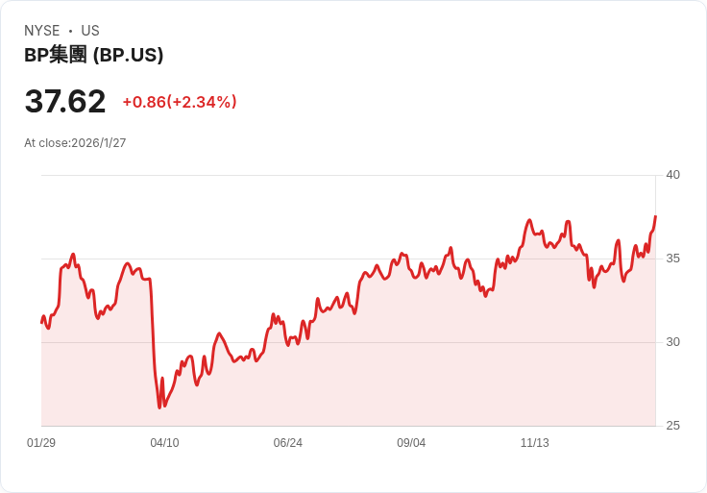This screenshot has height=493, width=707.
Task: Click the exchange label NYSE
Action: [41, 31]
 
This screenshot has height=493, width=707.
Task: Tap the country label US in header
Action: [90, 31]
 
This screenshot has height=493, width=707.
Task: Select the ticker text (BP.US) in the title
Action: [128, 56]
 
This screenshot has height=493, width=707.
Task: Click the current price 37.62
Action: [65, 101]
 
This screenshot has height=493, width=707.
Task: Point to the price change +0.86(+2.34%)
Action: [180, 102]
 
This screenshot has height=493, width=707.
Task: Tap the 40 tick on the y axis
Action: [673, 175]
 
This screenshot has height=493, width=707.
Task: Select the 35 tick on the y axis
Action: [673, 259]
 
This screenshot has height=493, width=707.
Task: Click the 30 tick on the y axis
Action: [673, 342]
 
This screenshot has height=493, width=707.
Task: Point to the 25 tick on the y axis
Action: [673, 426]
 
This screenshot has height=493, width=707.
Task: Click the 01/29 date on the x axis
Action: [41, 443]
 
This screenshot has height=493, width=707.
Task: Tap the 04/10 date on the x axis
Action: [164, 443]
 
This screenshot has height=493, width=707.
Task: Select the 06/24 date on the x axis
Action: [287, 443]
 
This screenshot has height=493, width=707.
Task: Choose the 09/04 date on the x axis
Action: [411, 443]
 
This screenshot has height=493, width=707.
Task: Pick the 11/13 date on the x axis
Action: [534, 443]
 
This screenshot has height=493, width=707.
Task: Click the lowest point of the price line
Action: [159, 407]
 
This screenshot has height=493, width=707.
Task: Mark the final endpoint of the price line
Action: [655, 217]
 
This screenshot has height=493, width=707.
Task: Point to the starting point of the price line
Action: [41, 321]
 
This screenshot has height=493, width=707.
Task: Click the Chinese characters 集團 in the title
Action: [68, 56]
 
